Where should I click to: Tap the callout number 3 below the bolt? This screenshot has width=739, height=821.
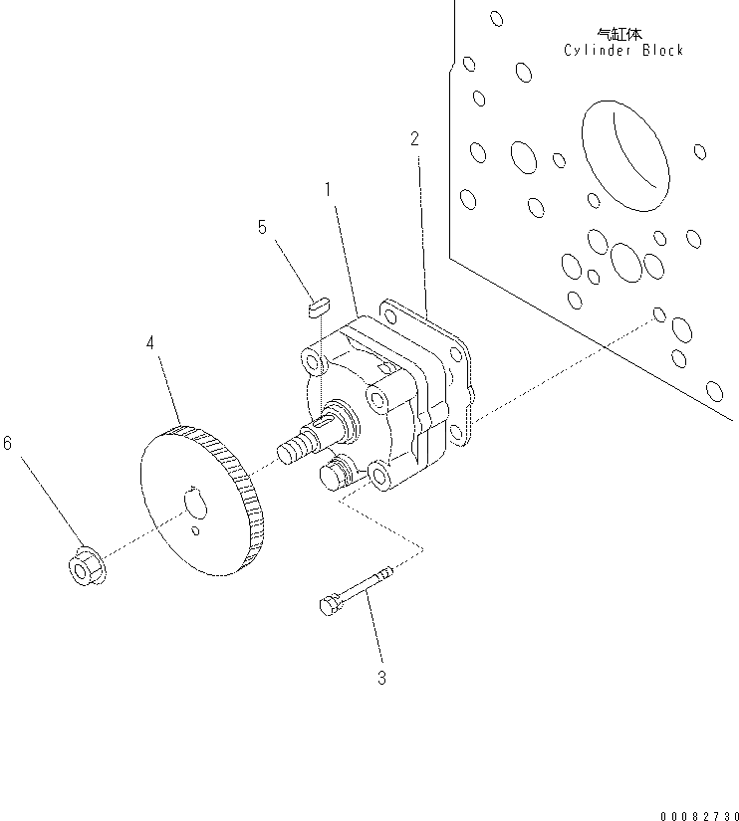380,679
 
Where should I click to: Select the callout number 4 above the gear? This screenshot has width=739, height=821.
150,343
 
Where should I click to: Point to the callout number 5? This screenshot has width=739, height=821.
262,227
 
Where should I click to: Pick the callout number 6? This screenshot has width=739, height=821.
8,443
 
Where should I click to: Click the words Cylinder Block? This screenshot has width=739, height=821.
623,51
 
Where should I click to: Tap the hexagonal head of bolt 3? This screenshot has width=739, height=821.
330,604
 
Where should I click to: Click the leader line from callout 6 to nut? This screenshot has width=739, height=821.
45,503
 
